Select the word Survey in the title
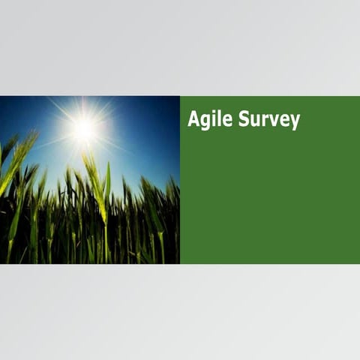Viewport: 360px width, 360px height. pyautogui.click(x=266, y=120)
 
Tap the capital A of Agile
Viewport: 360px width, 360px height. pyautogui.click(x=193, y=119)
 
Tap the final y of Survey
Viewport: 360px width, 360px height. pyautogui.click(x=294, y=123)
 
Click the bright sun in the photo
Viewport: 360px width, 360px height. pyautogui.click(x=84, y=129)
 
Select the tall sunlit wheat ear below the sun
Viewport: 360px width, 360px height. pyautogui.click(x=95, y=180)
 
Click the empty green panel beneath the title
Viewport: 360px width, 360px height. pyautogui.click(x=270, y=202)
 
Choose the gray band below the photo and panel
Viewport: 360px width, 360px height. pyautogui.click(x=180, y=311)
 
